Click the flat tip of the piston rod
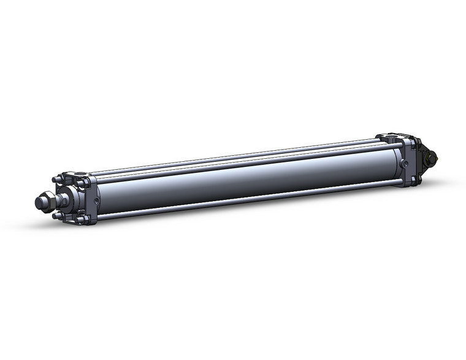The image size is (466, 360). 37,202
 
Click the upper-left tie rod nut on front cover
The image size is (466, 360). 56,180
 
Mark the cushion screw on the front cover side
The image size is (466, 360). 95,199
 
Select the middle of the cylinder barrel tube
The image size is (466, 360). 245,175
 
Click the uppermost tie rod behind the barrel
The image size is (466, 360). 245,153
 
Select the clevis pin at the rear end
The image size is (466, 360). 432,158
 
